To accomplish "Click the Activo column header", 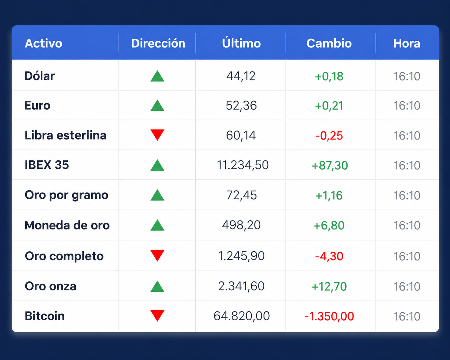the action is tap(44, 44).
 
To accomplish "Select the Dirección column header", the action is tap(158, 44).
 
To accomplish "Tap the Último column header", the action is tap(241, 43).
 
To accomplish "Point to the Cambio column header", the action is tap(329, 44).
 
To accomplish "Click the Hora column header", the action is tap(407, 44).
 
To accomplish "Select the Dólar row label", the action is tap(39, 76).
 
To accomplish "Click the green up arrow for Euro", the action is tap(157, 105).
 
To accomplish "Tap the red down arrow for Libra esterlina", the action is tap(157, 135).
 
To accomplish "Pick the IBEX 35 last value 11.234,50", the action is tap(243, 165).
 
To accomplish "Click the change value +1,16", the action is tap(329, 195).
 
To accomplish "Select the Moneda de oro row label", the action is tap(67, 225).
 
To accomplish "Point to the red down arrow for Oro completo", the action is tap(157, 256).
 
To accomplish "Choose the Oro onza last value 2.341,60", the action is tap(241, 286).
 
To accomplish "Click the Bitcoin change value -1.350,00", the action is tap(329, 316).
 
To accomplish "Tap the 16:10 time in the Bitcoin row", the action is tap(407, 316).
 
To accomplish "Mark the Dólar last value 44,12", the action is tap(241, 76).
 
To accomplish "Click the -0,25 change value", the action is tap(329, 135).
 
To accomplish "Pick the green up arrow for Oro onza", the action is tap(157, 287).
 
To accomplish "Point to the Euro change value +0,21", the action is tap(329, 106).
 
